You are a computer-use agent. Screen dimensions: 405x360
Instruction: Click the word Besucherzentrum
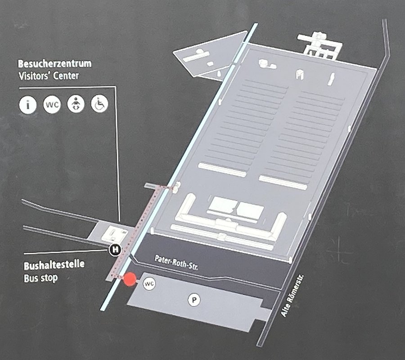(x=54, y=63)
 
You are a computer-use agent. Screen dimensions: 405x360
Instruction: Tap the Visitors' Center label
(x=49, y=76)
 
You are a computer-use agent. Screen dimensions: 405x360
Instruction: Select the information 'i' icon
(x=28, y=105)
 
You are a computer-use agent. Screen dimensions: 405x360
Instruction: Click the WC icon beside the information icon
(x=52, y=104)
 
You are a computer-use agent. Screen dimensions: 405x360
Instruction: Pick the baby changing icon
(x=76, y=104)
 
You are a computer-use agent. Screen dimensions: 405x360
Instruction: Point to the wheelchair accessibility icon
(x=99, y=103)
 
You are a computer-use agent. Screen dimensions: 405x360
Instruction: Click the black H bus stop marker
(x=115, y=249)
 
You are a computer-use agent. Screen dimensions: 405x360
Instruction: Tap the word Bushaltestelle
(x=54, y=265)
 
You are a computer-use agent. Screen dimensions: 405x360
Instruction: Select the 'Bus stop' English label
(x=40, y=278)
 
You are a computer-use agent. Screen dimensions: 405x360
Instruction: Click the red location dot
(x=130, y=279)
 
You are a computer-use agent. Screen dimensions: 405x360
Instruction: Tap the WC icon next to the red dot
(x=149, y=284)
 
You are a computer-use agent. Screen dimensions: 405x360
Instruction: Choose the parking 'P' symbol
(x=193, y=300)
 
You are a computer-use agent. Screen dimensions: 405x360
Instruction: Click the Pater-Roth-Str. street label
(x=176, y=263)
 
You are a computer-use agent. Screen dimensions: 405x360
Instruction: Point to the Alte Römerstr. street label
(x=292, y=296)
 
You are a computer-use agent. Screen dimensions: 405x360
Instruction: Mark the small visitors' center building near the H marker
(x=114, y=234)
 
